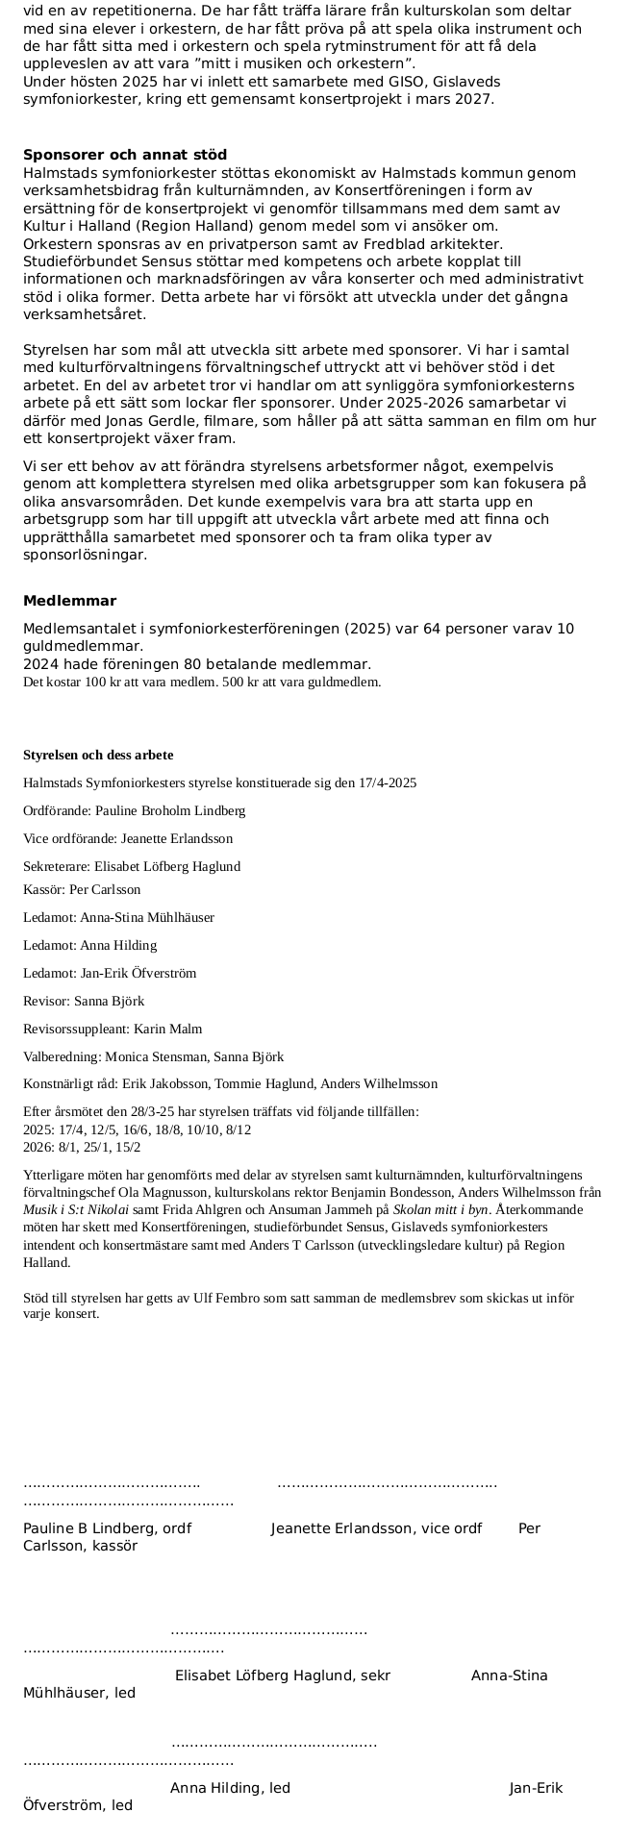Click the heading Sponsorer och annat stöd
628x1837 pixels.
(x=125, y=156)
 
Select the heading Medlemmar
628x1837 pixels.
(x=69, y=602)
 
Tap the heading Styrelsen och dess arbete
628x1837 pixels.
(x=98, y=755)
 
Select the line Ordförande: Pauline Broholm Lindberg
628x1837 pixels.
(x=134, y=810)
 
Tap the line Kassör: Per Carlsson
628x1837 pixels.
(x=82, y=890)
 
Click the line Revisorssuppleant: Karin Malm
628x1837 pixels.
(x=113, y=1029)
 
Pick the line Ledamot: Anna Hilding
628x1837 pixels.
(x=89, y=945)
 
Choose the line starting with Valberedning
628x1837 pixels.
(x=153, y=1056)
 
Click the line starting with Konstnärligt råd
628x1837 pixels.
(x=230, y=1083)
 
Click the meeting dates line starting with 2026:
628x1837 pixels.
(x=82, y=1147)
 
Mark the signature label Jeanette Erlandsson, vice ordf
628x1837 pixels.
(x=376, y=1528)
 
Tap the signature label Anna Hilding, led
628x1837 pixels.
(x=230, y=1788)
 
